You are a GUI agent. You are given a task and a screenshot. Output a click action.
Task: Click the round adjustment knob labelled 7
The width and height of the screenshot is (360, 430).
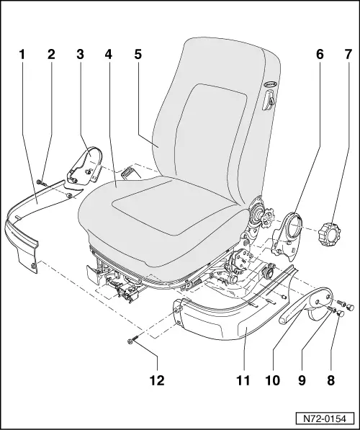[333, 234]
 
